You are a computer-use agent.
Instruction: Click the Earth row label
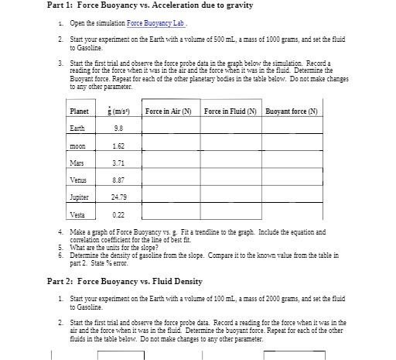(x=77, y=128)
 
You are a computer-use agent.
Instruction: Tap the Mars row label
(x=77, y=163)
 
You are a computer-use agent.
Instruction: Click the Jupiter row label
(x=80, y=197)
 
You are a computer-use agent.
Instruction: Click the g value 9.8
(x=118, y=128)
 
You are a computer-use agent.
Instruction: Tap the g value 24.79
(x=118, y=197)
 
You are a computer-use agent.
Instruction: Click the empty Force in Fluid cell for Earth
(x=231, y=128)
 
